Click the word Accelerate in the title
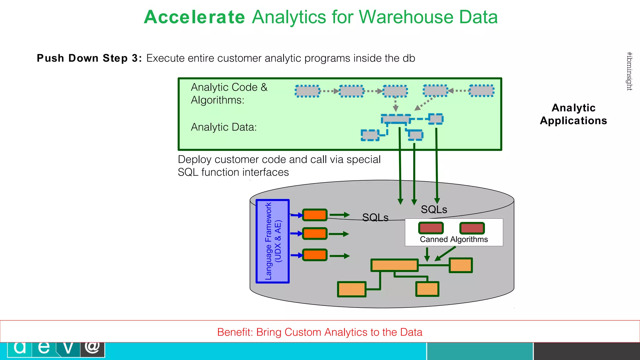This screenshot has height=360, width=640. click(194, 17)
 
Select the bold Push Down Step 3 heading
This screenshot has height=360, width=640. click(89, 58)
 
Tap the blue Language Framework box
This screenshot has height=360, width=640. click(272, 241)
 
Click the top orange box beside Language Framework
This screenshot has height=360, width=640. click(315, 215)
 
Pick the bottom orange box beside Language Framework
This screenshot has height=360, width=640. click(315, 255)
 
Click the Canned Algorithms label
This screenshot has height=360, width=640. click(454, 239)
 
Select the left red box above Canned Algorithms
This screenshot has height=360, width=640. click(431, 228)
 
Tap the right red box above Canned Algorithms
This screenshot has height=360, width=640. click(472, 228)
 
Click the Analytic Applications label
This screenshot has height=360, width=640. click(573, 114)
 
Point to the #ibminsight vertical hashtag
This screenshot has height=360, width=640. click(629, 71)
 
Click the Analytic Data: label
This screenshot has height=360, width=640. click(224, 127)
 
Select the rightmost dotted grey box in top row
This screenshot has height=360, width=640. click(482, 91)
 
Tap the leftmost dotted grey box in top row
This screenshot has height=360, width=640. click(307, 91)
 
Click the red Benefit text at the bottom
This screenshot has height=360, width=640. click(320, 332)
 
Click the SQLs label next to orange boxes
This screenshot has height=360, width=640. click(375, 217)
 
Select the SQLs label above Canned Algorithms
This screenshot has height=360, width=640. click(434, 209)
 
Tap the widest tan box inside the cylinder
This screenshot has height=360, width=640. click(394, 265)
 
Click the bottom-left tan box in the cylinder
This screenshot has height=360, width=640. click(352, 289)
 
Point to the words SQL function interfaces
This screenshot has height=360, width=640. click(233, 172)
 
